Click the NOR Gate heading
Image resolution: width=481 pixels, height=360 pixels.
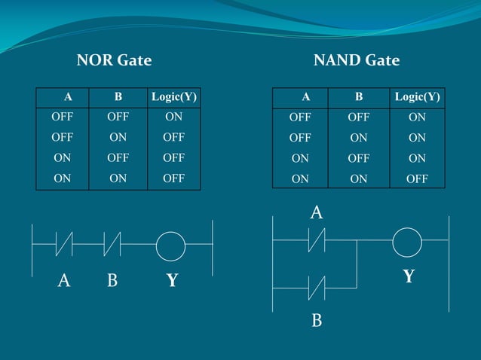pos(114,60)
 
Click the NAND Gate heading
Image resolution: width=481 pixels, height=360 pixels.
pos(356,60)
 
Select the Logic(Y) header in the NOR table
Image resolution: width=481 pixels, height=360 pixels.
pos(174,96)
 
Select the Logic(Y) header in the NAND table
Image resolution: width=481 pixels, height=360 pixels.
pos(417,96)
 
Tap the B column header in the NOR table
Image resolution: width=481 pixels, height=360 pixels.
pos(118,96)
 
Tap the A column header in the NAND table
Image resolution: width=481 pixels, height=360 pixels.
pos(305,96)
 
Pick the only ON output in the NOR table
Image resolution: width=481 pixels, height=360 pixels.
pos(173,117)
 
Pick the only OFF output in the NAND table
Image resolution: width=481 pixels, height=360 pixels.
pos(416,178)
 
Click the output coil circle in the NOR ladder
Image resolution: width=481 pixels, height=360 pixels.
pos(170,246)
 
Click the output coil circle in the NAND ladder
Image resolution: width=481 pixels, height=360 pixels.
pos(407,241)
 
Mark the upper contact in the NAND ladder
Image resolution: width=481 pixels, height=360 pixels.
pos(316,241)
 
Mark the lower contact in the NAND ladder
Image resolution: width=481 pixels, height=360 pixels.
pos(316,288)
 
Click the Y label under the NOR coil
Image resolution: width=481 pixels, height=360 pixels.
pos(172,281)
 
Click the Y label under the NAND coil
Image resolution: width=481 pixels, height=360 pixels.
pos(409,276)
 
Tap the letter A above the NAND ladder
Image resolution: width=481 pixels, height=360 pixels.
pos(317,213)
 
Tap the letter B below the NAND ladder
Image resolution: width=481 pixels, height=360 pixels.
pos(317,322)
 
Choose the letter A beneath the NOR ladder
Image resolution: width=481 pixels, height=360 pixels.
pos(64,281)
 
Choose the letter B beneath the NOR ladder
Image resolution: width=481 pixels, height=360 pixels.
pos(112,281)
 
